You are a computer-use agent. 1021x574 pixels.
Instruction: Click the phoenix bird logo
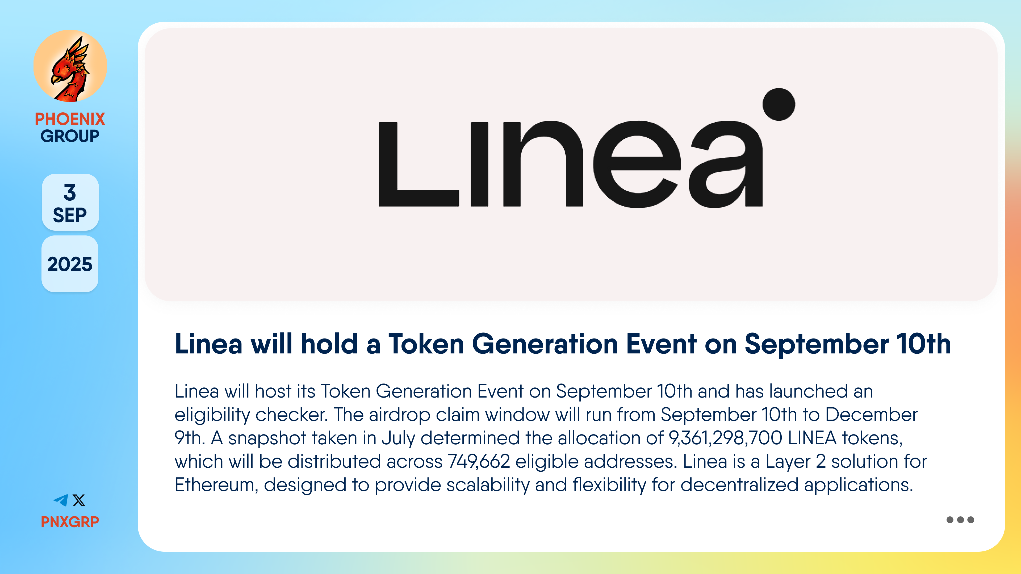pos(70,66)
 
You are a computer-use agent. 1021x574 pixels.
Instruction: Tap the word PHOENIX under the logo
pos(70,119)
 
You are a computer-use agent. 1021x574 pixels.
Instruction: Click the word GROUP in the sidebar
pos(70,136)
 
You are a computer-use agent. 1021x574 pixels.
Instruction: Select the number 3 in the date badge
pos(70,192)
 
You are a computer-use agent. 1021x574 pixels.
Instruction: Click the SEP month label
pos(70,215)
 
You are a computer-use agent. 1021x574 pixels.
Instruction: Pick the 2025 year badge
pos(70,264)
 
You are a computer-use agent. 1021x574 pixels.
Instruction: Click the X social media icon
pos(79,500)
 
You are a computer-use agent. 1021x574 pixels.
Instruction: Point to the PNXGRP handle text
pos(70,522)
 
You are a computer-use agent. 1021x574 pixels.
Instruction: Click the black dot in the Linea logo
pos(779,104)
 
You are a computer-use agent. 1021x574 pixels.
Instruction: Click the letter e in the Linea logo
pos(637,164)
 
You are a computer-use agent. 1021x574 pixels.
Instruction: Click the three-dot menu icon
pos(960,520)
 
